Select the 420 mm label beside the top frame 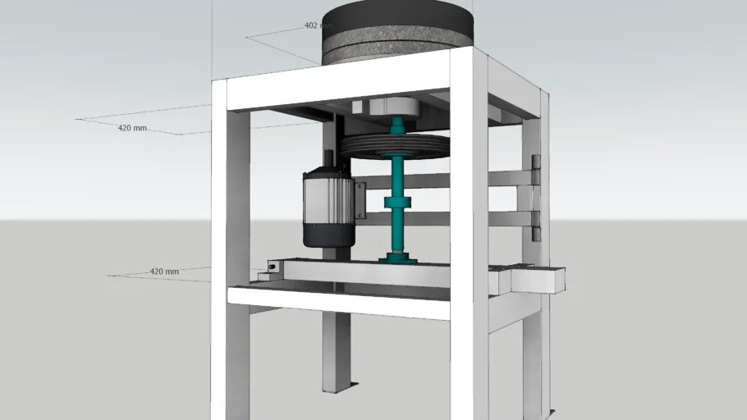tap(131, 128)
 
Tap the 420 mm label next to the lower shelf tap(163, 272)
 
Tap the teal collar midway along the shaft tap(397, 203)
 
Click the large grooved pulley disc tap(397, 146)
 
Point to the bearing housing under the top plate tap(386, 107)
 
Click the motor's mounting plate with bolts tap(360, 201)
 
